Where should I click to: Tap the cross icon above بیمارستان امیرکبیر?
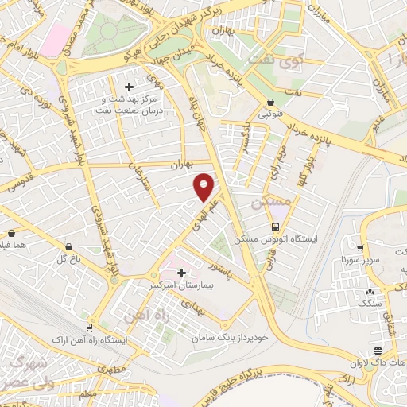(x=182, y=272)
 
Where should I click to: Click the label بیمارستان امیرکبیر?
(x=182, y=283)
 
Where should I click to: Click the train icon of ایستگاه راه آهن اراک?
(x=87, y=328)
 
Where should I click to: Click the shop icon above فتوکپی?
(x=272, y=103)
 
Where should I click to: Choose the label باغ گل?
(x=65, y=258)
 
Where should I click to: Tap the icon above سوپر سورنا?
(x=360, y=246)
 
